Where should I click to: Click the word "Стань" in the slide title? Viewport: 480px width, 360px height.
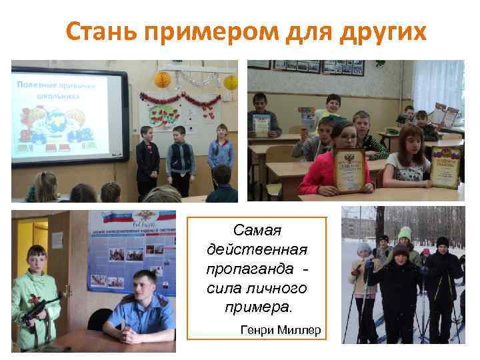(x=100, y=31)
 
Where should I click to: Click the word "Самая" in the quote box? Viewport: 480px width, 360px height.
(x=257, y=231)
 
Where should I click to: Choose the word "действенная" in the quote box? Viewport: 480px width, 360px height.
(x=257, y=250)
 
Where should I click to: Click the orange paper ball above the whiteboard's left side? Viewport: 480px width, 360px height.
(x=163, y=79)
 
